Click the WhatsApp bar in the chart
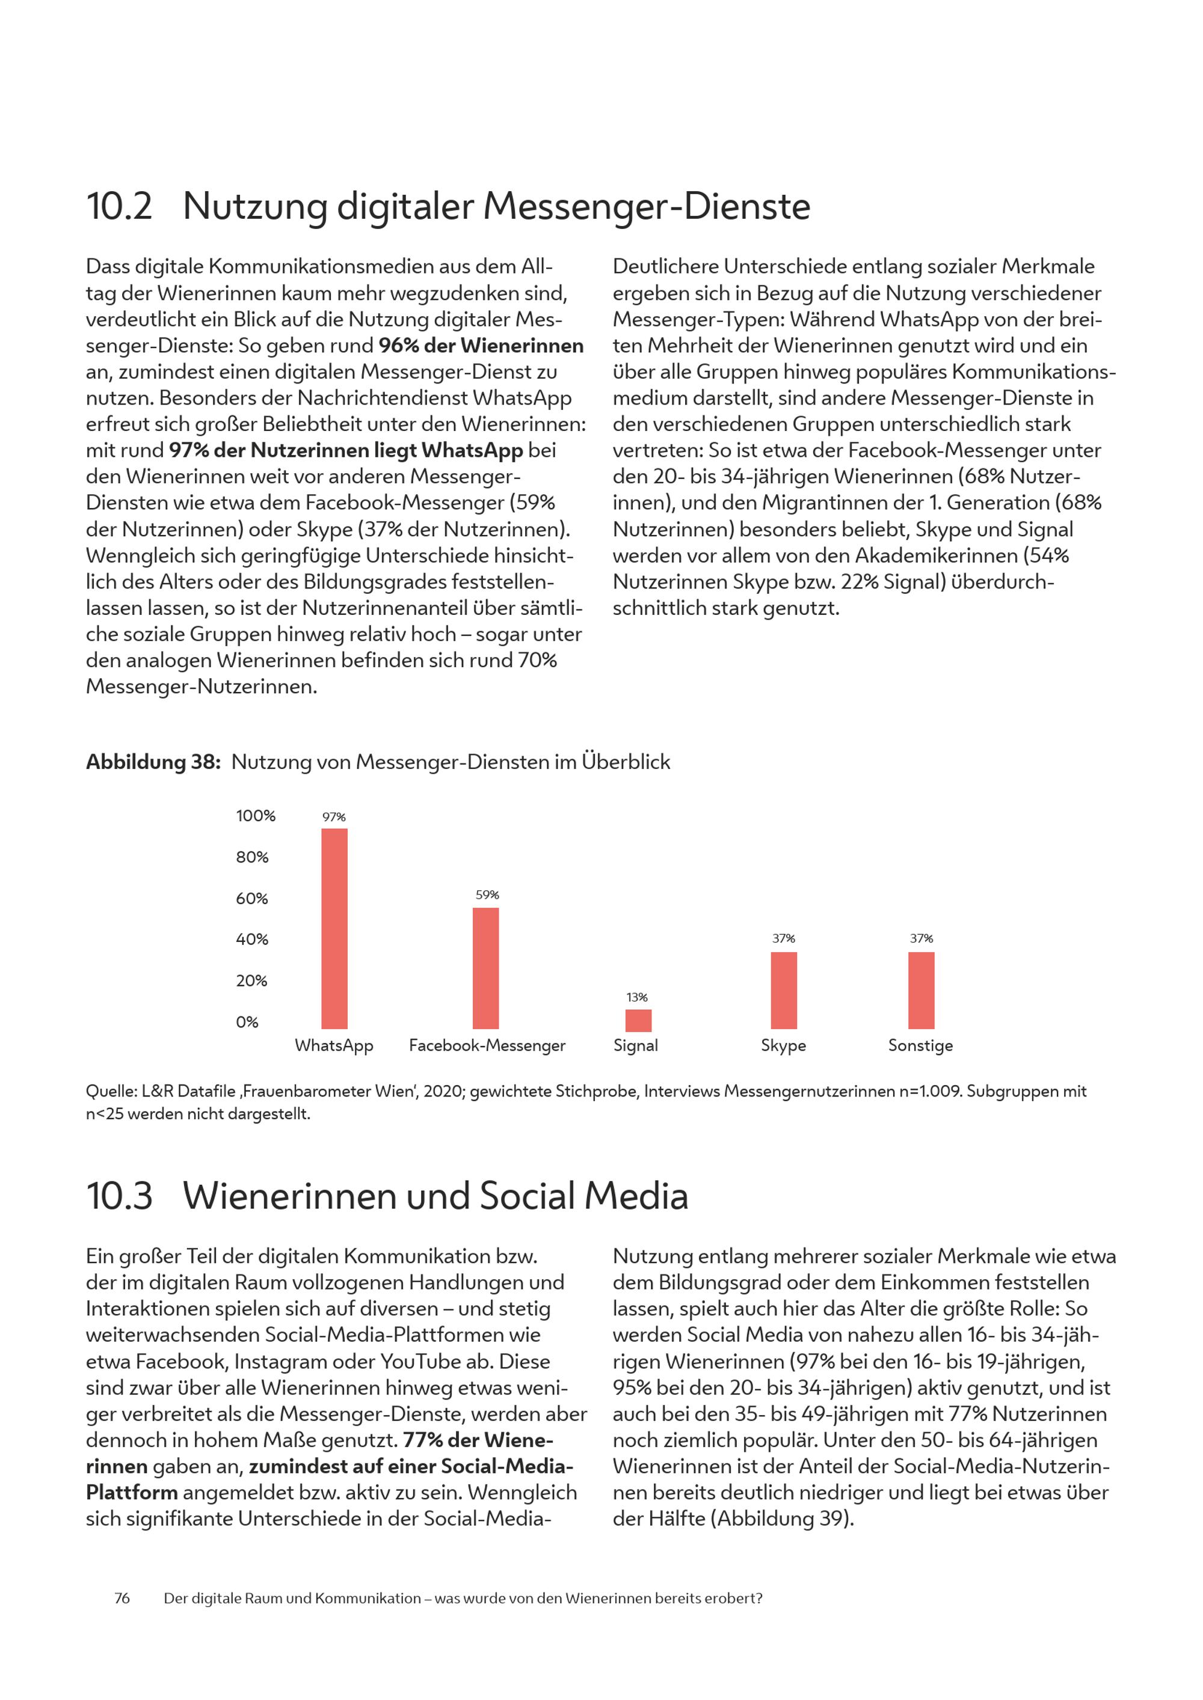(334, 929)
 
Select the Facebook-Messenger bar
(486, 968)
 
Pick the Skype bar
(784, 991)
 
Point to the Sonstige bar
(921, 991)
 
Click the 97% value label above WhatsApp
(334, 817)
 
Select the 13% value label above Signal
(637, 997)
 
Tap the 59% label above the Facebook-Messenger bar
(487, 894)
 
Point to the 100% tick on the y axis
(256, 816)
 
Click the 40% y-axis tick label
(253, 940)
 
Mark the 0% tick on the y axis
(247, 1023)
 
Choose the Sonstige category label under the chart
(921, 1045)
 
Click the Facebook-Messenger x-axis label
(487, 1045)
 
